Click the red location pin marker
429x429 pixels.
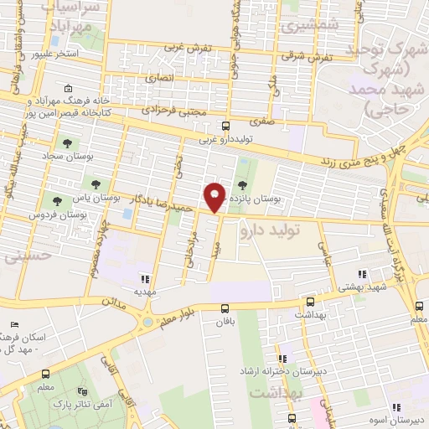click(215, 197)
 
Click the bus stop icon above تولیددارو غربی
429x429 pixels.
click(225, 127)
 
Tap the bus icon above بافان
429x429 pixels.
click(225, 308)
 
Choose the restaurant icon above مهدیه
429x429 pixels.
click(145, 279)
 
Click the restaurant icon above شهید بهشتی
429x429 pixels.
click(361, 273)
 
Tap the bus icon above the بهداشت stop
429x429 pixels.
click(310, 301)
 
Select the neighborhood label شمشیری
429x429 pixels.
click(297, 26)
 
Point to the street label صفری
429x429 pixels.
click(261, 121)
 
